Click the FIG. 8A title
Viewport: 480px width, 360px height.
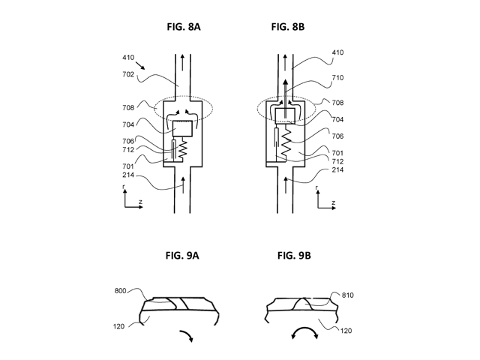pyautogui.click(x=184, y=27)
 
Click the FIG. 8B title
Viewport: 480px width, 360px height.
pyautogui.click(x=288, y=27)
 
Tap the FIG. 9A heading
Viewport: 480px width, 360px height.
pyautogui.click(x=182, y=255)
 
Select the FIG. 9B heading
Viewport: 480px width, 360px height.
pyautogui.click(x=294, y=255)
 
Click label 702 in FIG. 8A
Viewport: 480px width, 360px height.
pyautogui.click(x=128, y=74)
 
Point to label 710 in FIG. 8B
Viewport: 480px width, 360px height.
pyautogui.click(x=337, y=78)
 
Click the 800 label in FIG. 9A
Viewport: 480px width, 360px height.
pyautogui.click(x=120, y=290)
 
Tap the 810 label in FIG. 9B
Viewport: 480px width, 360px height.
pyautogui.click(x=347, y=295)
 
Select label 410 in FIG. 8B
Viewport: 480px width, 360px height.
pyautogui.click(x=337, y=52)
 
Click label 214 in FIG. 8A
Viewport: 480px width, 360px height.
pyautogui.click(x=128, y=175)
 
